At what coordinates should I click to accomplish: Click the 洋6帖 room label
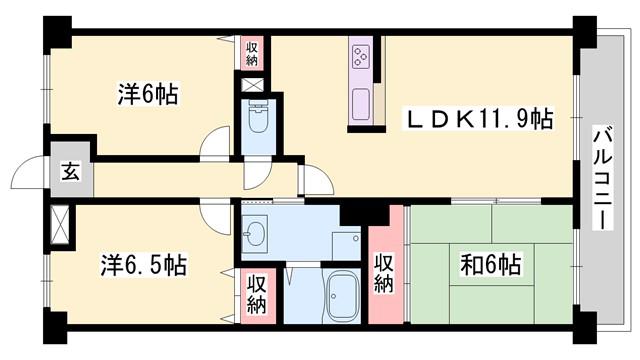pos(148,94)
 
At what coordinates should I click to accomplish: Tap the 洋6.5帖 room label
pos(144,264)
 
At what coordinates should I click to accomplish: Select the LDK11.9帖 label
pos(478,119)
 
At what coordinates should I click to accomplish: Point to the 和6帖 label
pos(491,264)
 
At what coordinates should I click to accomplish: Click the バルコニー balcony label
pos(603,179)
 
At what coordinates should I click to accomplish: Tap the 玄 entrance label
pos(70,171)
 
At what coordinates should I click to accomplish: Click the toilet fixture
pos(257,117)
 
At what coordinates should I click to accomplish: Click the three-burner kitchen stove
pos(361,57)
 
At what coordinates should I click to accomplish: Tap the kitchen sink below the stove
pos(361,104)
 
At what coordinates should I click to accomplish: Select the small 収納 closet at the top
pos(252,53)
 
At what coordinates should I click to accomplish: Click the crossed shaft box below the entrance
pos(60,225)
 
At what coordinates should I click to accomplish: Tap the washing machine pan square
pos(346,246)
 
